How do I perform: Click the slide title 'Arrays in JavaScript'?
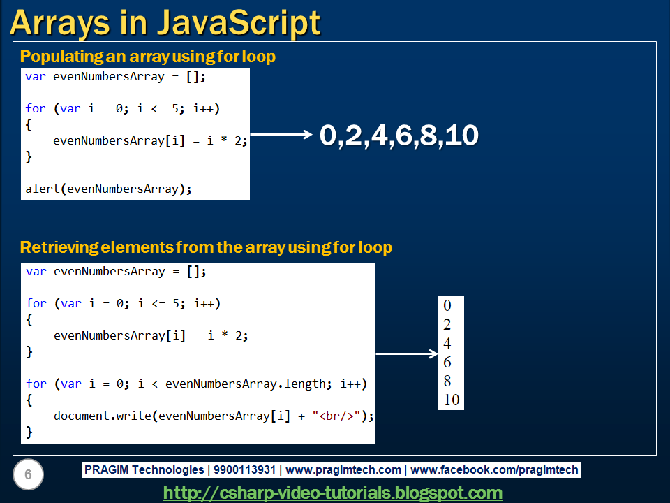click(165, 22)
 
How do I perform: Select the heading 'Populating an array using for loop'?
click(148, 57)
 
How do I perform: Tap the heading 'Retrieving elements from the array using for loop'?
click(206, 247)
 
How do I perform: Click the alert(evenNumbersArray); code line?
click(108, 189)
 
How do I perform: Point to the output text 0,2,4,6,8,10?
click(399, 136)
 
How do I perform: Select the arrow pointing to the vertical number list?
click(407, 354)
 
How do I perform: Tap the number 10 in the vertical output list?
click(452, 400)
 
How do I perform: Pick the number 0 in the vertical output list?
click(447, 305)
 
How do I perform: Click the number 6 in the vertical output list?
click(447, 362)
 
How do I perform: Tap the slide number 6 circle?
click(29, 475)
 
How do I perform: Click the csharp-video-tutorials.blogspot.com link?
click(332, 493)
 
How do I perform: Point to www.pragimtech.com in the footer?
click(343, 470)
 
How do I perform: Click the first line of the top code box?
click(116, 77)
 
